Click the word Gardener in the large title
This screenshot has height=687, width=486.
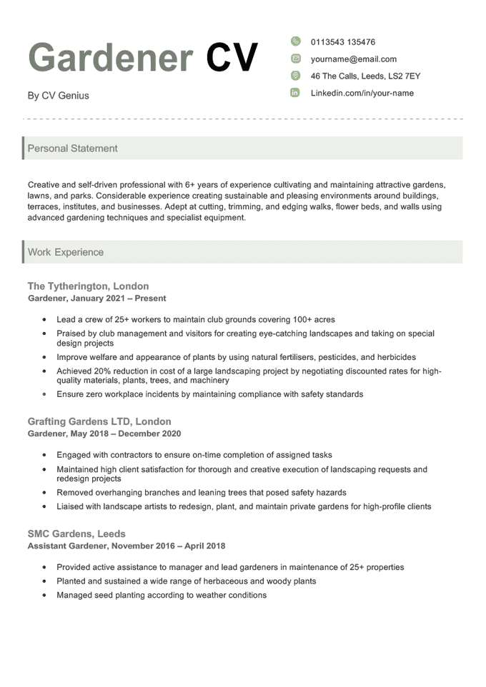110,56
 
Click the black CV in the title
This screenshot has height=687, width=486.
232,56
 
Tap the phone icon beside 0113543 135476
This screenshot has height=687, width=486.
295,42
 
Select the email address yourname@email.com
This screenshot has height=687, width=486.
353,59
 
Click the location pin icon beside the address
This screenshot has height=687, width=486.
295,76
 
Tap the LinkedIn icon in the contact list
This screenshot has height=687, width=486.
295,93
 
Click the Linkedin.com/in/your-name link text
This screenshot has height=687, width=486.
362,93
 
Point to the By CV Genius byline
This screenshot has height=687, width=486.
58,96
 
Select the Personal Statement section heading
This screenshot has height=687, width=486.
72,149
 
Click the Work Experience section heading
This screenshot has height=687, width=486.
65,252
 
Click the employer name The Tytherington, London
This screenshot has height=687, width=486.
88,286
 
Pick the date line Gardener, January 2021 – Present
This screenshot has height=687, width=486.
96,299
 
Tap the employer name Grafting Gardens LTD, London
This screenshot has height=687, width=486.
99,421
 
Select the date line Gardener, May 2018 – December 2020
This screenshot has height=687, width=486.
104,433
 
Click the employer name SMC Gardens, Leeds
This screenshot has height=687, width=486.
76,533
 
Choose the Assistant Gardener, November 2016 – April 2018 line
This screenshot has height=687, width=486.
127,546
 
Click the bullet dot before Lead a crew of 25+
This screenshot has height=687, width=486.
44,320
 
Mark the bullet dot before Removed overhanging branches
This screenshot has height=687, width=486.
44,493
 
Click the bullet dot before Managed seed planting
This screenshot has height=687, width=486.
44,595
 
